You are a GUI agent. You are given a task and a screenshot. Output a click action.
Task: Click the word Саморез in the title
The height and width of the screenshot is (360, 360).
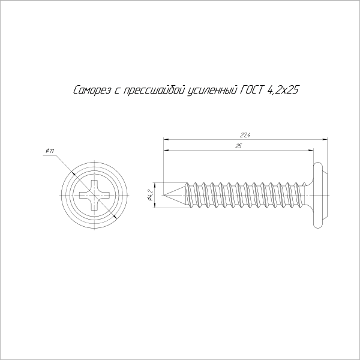[x=91, y=91]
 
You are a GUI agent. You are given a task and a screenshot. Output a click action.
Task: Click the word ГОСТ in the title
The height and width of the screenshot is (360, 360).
[x=252, y=91]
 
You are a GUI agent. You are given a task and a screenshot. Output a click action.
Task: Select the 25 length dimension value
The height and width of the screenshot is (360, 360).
[x=239, y=146]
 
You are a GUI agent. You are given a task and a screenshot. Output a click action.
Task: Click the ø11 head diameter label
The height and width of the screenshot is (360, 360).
[x=50, y=151]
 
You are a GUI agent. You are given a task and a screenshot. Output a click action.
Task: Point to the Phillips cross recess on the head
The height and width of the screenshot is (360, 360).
[x=96, y=194]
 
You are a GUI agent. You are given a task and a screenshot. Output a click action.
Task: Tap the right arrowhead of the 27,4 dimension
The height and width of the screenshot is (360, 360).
[x=325, y=140]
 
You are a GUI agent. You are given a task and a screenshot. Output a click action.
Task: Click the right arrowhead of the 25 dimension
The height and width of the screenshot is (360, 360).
[x=311, y=151]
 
